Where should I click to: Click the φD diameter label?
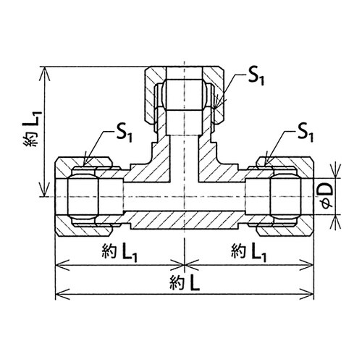[327, 195]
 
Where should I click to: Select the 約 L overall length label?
[185, 283]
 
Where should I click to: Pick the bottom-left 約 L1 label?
[119, 252]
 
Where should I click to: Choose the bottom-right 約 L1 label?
[249, 252]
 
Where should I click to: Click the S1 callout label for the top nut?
[256, 77]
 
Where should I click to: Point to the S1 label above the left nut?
[125, 134]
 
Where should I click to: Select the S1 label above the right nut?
[306, 132]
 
